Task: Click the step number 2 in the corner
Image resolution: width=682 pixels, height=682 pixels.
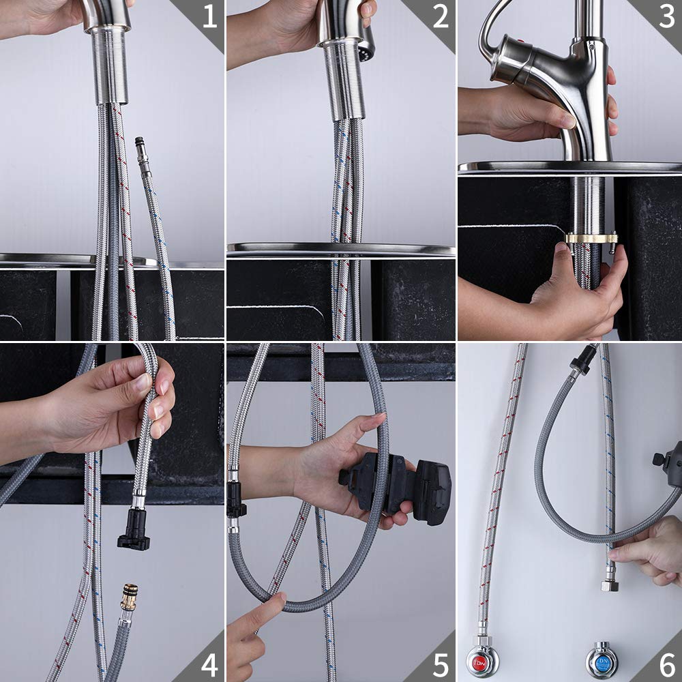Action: click(441, 17)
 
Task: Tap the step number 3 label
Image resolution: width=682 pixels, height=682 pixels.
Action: click(666, 17)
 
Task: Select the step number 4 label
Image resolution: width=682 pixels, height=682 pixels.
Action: click(209, 664)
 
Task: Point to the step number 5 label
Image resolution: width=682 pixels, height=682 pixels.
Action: click(440, 664)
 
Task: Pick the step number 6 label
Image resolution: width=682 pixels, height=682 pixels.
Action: click(666, 664)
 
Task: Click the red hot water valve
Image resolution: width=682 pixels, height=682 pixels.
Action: click(482, 659)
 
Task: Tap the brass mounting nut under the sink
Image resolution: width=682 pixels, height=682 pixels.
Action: click(591, 239)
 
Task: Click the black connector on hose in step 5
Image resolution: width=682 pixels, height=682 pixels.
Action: click(236, 498)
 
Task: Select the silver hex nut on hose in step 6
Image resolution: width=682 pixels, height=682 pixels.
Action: click(610, 584)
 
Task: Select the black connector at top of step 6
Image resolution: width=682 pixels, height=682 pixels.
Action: click(581, 359)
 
